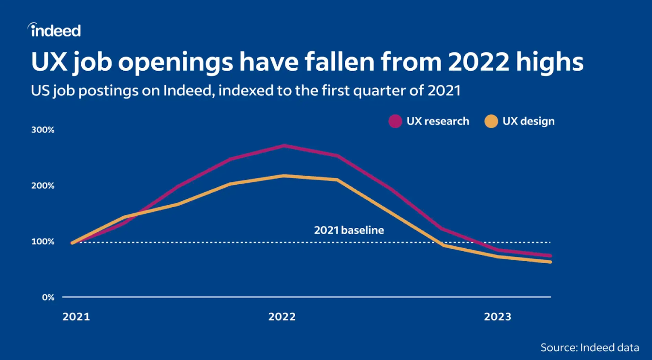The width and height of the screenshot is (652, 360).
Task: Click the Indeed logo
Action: pos(54,30)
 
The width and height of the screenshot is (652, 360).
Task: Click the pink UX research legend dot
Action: pos(396,121)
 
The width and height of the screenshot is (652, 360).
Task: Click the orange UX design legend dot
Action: pos(491,121)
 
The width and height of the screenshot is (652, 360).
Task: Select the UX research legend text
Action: pos(438,121)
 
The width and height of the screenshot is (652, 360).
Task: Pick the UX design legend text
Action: pos(529,121)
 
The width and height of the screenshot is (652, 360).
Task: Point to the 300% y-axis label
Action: pos(44,130)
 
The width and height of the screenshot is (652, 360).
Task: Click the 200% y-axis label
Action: pos(44,186)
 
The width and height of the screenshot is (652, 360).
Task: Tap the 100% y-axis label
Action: pos(44,241)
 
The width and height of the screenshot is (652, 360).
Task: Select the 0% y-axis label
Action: pos(47,297)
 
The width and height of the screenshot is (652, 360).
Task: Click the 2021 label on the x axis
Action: pos(76,317)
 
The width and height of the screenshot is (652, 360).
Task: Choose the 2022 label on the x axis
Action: pos(282,317)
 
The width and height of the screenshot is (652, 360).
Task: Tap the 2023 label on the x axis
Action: pos(498,317)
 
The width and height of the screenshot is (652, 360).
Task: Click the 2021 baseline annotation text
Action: pos(349,230)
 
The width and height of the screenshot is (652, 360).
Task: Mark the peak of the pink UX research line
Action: pos(284,146)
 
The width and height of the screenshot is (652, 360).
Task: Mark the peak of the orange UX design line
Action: pos(284,176)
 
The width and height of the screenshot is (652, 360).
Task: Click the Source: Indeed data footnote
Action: pos(590,347)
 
